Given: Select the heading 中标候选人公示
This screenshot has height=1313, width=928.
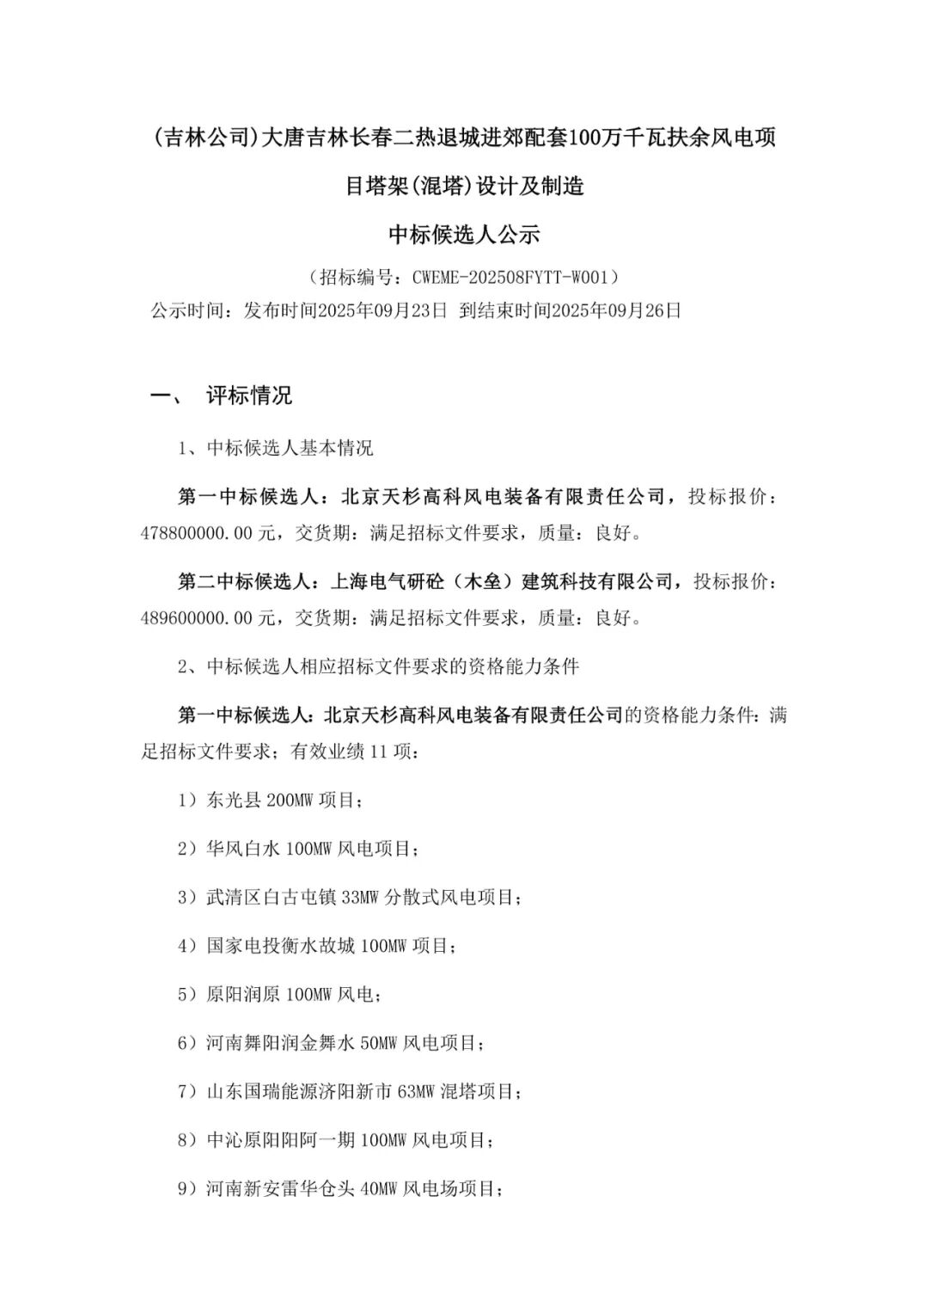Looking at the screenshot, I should pyautogui.click(x=464, y=234).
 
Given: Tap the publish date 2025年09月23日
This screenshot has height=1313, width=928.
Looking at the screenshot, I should pyautogui.click(x=382, y=310).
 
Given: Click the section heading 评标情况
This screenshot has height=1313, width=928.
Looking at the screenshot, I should pyautogui.click(x=249, y=396).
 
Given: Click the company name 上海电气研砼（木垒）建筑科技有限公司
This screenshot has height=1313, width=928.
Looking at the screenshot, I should pyautogui.click(x=503, y=582).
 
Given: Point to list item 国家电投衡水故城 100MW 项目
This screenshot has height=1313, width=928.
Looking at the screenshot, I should pyautogui.click(x=330, y=946).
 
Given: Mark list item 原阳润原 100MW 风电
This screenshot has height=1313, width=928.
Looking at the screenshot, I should pyautogui.click(x=292, y=995).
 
